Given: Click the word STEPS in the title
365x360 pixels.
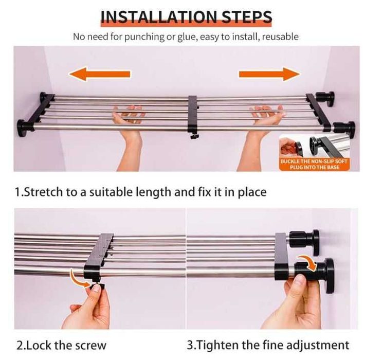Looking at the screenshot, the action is pos(247,17).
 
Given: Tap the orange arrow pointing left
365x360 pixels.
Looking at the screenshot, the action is pos(100,74).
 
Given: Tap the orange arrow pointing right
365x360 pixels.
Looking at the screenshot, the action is pos(269,74).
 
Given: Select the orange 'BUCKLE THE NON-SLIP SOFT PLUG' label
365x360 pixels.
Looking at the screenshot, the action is pos(314,164).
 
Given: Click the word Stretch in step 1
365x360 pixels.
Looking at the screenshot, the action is pos(44,192).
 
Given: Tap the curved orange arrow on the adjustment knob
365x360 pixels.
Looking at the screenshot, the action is pos(308,263).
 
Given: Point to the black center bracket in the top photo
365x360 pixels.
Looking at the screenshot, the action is pos(193,115).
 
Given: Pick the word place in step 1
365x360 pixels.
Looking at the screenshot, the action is pos(252,193).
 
